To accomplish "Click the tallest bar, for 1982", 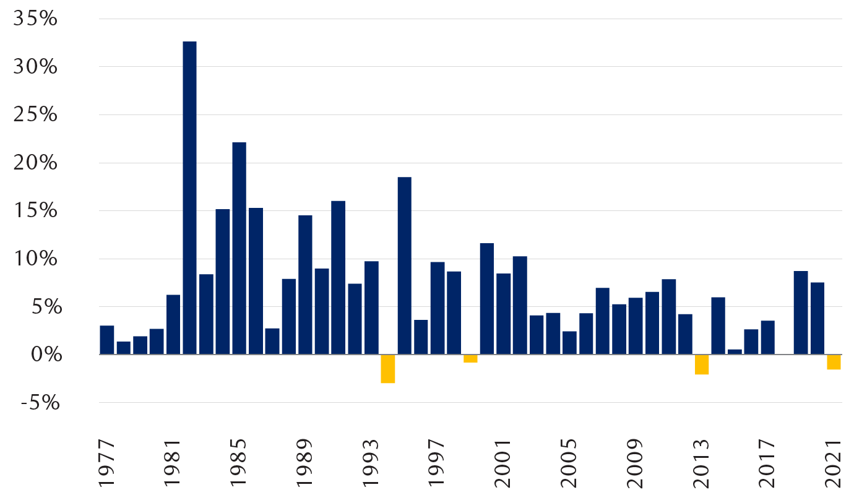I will coord(189,198).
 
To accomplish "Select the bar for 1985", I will coord(239,248).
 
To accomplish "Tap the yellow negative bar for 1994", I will coord(387,369).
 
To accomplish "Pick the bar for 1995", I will coord(404,266).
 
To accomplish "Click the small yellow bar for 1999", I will coord(470,358).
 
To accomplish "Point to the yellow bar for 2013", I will coord(701,364).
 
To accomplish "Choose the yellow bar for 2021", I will coord(834,362).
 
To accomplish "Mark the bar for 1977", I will coord(106,340).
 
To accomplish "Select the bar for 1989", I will coord(305,285).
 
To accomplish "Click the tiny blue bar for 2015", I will coord(735,352).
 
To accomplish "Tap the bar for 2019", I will coord(801,312).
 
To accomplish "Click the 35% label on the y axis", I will coord(35,19).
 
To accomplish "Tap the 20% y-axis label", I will coord(35,163).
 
